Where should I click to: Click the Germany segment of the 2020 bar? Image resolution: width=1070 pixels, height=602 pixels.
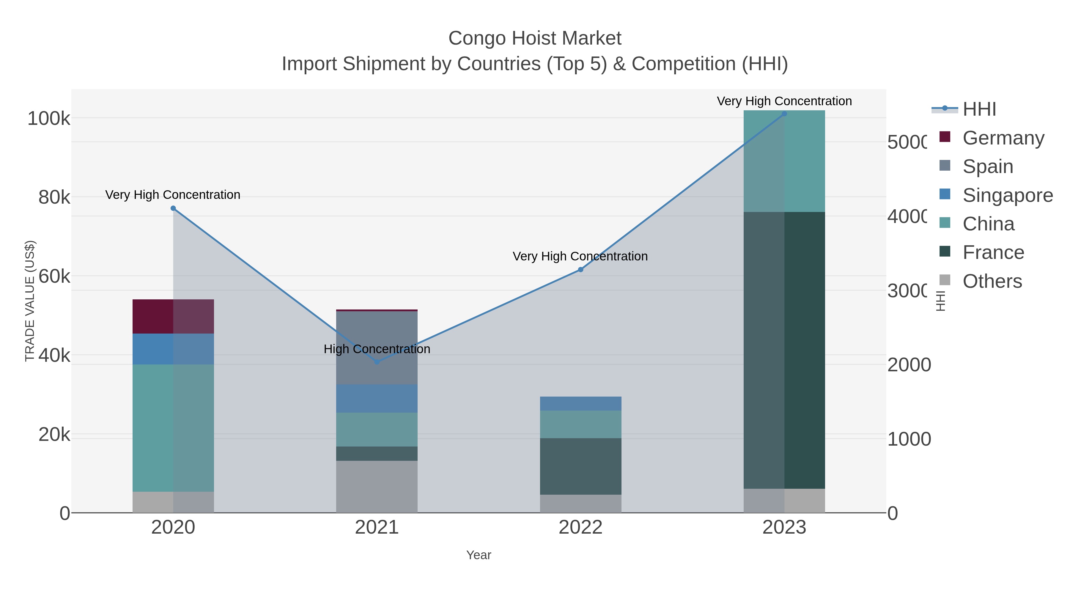(x=173, y=316)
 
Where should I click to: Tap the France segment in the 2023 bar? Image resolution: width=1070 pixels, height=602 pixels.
(x=784, y=350)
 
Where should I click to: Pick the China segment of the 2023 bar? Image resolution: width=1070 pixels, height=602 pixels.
(x=784, y=161)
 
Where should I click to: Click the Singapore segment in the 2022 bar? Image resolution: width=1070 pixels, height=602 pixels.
(x=580, y=403)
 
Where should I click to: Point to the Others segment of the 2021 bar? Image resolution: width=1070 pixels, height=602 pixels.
(x=376, y=486)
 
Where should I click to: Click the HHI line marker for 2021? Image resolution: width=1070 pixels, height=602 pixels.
(x=377, y=362)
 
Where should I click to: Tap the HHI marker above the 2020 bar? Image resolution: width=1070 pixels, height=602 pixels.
(x=173, y=208)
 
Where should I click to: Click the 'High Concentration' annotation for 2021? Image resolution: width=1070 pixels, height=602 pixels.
(x=377, y=349)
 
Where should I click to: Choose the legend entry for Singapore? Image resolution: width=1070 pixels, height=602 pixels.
(x=1007, y=195)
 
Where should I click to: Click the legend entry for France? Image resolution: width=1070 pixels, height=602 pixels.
(x=993, y=253)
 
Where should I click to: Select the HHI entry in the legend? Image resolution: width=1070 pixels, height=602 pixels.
(x=979, y=109)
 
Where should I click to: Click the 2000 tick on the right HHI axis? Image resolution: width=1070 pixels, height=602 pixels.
(x=909, y=365)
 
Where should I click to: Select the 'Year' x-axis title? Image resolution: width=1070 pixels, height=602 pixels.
(x=479, y=555)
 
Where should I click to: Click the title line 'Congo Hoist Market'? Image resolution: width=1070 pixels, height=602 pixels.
(x=535, y=38)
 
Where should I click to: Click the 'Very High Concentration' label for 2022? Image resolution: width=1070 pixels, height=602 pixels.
(x=580, y=256)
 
